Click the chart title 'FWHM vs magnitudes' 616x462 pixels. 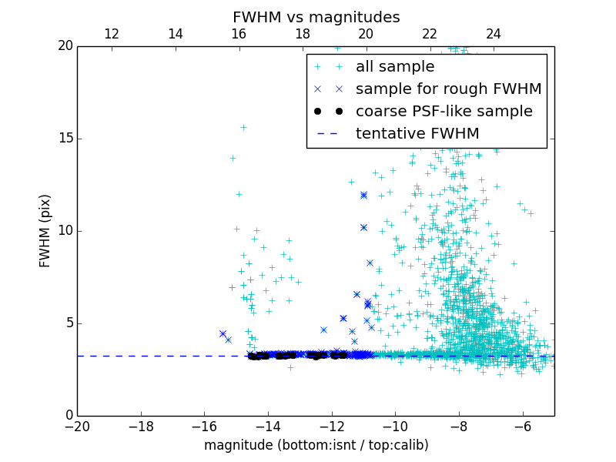tap(316, 17)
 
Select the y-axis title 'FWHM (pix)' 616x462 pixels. tap(45, 231)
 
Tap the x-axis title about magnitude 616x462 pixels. tap(316, 445)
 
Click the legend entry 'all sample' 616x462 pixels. tap(395, 67)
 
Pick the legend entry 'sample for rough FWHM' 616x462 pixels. tap(448, 89)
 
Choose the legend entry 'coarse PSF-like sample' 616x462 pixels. tap(444, 112)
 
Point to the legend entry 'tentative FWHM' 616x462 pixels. tap(417, 134)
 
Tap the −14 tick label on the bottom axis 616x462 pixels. tap(268, 427)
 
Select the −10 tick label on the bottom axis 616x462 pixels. tap(395, 427)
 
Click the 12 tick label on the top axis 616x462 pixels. tap(111, 34)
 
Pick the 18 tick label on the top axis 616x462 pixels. tap(303, 34)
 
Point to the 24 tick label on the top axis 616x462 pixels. tap(494, 34)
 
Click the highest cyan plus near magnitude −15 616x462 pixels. tap(243, 127)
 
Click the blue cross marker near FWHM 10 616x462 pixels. tap(363, 227)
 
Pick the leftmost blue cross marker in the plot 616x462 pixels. tap(223, 333)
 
